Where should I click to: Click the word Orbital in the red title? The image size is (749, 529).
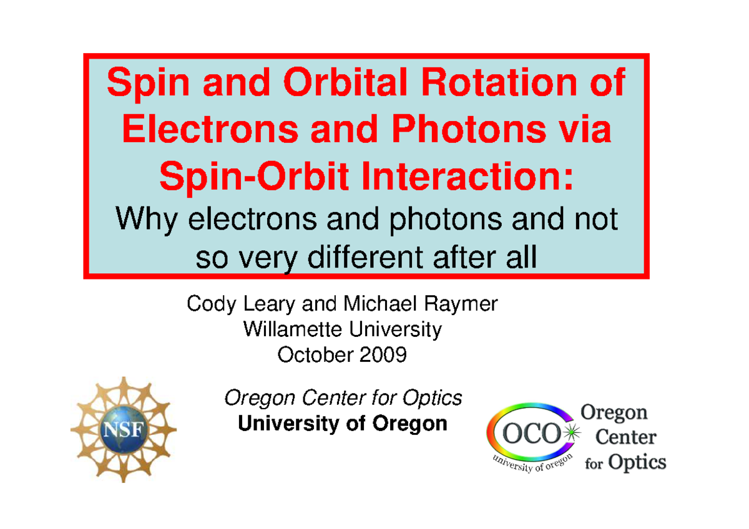pyautogui.click(x=345, y=82)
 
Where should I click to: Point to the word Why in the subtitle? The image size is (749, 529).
pyautogui.click(x=146, y=220)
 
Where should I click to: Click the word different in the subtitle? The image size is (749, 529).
pyautogui.click(x=366, y=258)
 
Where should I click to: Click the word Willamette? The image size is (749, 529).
pyautogui.click(x=293, y=329)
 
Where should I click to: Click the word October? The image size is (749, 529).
pyautogui.click(x=314, y=355)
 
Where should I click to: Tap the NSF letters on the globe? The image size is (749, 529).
pyautogui.click(x=124, y=429)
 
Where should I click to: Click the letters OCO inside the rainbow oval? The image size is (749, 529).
pyautogui.click(x=532, y=434)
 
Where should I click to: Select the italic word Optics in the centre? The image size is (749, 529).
pyautogui.click(x=432, y=398)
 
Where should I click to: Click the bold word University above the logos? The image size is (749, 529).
pyautogui.click(x=288, y=424)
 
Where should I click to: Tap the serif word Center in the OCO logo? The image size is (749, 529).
pyautogui.click(x=626, y=437)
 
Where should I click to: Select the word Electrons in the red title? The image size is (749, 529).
pyautogui.click(x=210, y=129)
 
